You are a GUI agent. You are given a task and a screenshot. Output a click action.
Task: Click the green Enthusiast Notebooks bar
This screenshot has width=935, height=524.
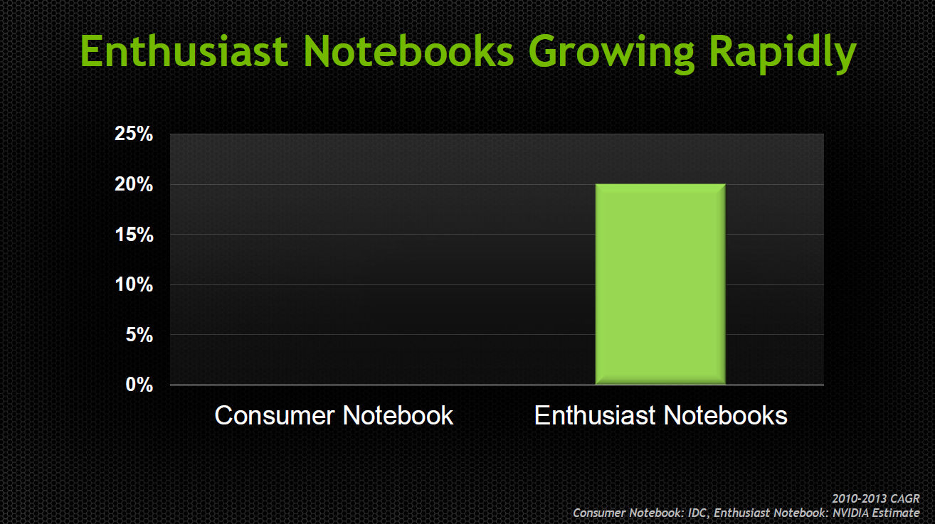[660, 284]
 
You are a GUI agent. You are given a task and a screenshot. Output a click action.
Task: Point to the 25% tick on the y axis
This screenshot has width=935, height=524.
[134, 134]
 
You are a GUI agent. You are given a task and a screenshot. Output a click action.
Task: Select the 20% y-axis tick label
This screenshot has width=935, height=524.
[134, 184]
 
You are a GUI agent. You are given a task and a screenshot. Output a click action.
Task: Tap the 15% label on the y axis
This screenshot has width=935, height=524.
[134, 235]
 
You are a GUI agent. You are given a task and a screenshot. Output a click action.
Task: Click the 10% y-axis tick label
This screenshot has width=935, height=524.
[134, 284]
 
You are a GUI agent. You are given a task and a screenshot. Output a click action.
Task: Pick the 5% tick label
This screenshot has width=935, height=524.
[139, 335]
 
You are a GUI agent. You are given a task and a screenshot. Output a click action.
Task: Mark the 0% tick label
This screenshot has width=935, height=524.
[139, 385]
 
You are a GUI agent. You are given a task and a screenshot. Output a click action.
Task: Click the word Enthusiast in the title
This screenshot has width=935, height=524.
[184, 51]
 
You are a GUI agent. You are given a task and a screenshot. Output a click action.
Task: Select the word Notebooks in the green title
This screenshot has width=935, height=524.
[409, 51]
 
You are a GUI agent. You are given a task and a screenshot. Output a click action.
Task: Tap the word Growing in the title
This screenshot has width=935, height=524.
[611, 54]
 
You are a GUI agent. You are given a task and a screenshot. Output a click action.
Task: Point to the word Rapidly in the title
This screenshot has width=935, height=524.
[783, 54]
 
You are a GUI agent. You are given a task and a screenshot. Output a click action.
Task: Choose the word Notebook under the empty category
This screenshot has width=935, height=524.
[398, 415]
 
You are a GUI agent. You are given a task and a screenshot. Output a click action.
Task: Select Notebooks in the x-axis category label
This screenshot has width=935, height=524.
[726, 415]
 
